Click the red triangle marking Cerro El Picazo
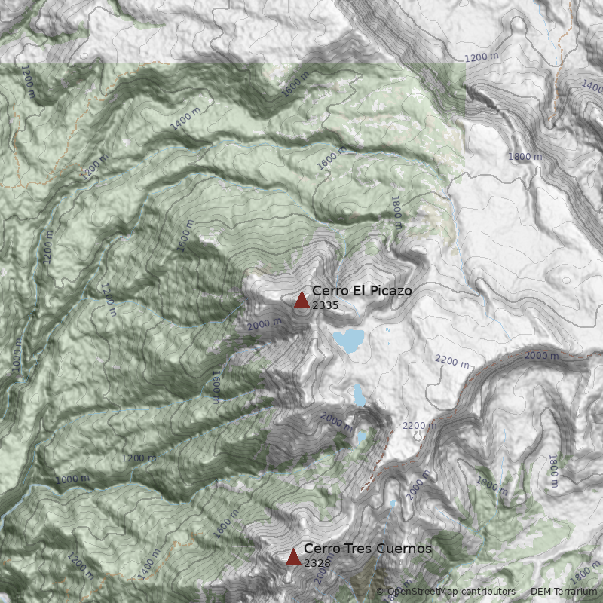tap(301, 300)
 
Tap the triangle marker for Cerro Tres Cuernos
tap(293, 558)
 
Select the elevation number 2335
tap(325, 305)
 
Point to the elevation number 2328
tap(317, 563)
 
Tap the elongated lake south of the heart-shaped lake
tap(359, 393)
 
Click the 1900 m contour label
tap(491, 484)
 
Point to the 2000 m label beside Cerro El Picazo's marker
tap(264, 325)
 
